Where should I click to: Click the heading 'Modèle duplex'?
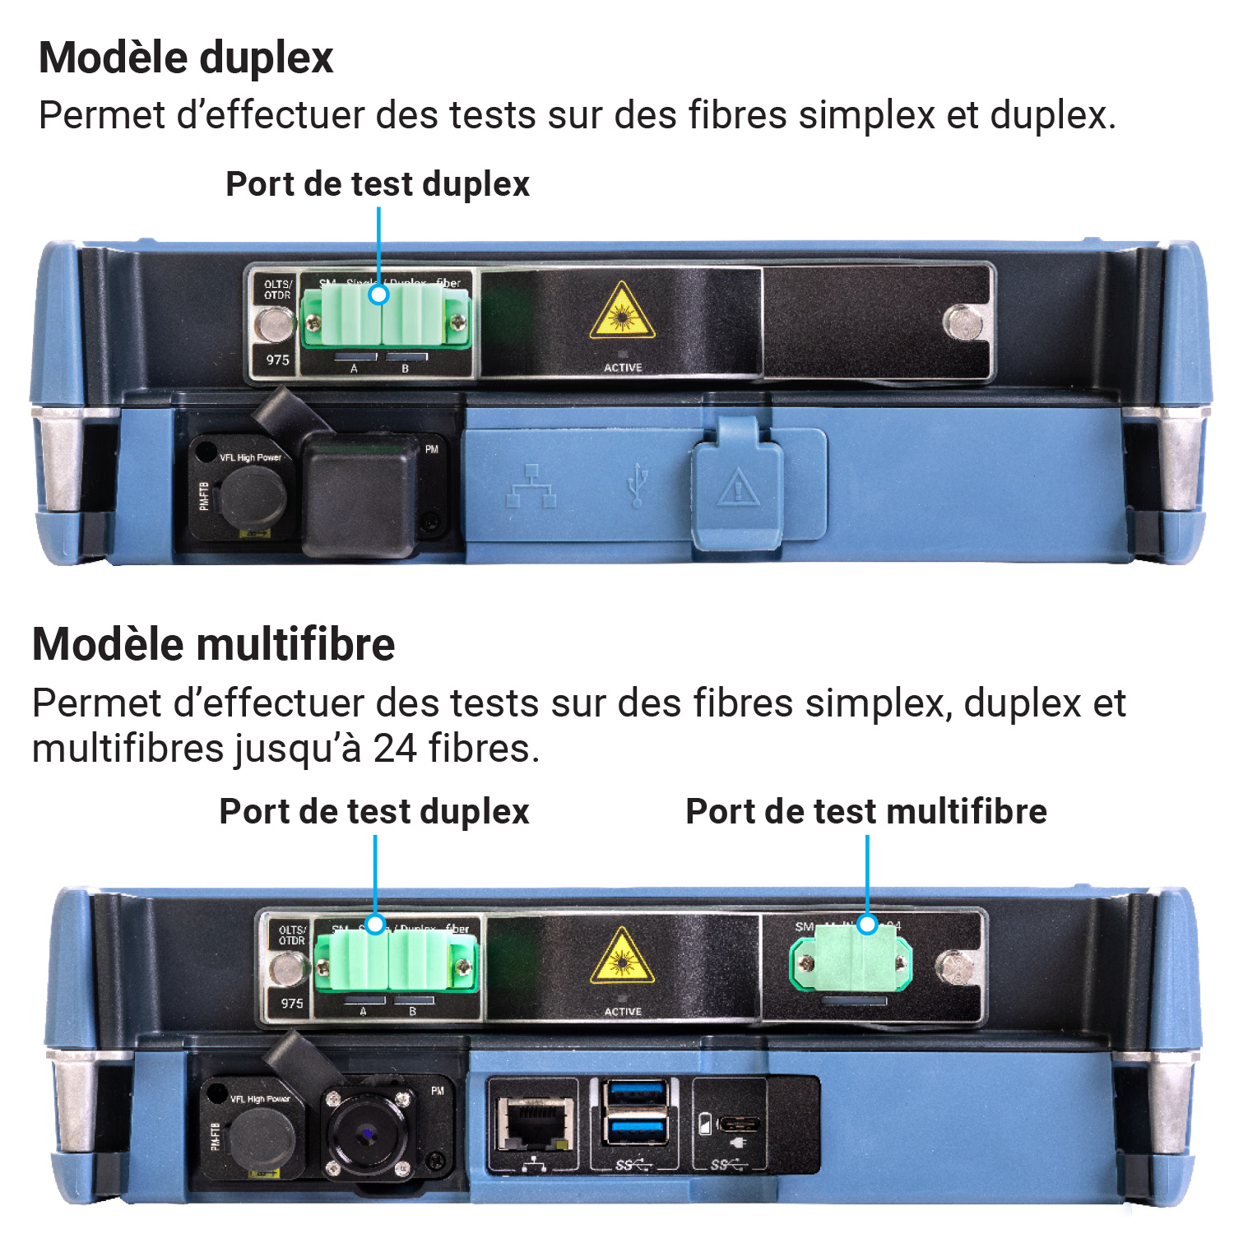(186, 58)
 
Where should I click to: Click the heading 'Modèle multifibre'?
(213, 644)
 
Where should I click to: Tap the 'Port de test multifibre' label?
(865, 811)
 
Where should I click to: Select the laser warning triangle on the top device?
(623, 313)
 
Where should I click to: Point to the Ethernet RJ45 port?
(534, 1122)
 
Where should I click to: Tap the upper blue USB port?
(635, 1096)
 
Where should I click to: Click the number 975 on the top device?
(278, 360)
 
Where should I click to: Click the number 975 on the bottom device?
(292, 1003)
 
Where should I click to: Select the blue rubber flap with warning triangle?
(738, 483)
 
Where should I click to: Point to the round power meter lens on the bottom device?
(364, 1134)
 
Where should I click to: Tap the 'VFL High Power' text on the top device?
(250, 457)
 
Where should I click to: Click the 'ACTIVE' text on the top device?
(623, 368)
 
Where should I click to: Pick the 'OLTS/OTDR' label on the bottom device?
(292, 935)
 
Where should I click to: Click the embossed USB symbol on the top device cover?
(637, 485)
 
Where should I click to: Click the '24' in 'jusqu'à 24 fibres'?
(395, 749)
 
